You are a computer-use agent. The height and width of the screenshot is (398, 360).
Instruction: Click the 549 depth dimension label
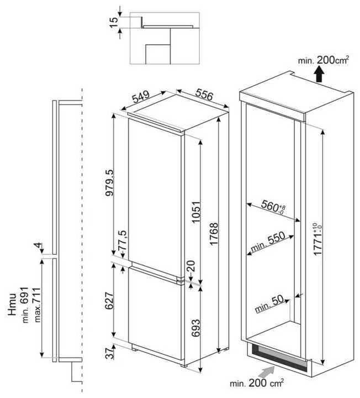point(141,99)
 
